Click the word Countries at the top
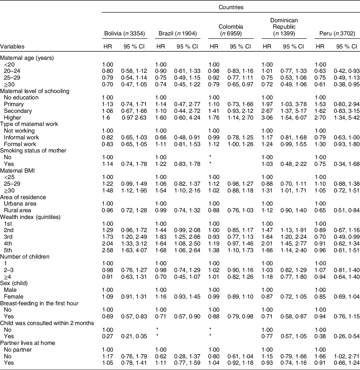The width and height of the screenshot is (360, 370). (x=231, y=7)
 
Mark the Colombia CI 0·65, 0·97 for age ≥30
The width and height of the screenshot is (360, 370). (x=239, y=84)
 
